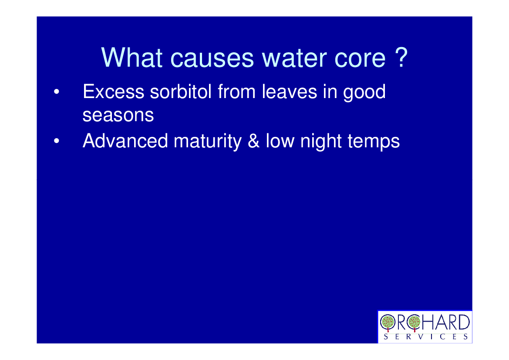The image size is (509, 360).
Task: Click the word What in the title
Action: [132, 58]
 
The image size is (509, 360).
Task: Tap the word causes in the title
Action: [212, 58]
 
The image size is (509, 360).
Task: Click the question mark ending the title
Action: [401, 57]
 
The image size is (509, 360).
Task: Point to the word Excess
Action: [114, 92]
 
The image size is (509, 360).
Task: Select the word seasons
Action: [118, 115]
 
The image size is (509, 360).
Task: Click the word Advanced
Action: [125, 141]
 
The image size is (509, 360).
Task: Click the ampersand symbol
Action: [253, 141]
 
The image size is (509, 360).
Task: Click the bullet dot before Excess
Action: [57, 92]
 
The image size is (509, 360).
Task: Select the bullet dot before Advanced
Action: [57, 141]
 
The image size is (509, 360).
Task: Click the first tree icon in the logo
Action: [388, 323]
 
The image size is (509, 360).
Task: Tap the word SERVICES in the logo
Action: [425, 336]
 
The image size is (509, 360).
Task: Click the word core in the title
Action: [360, 58]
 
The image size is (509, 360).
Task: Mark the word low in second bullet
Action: [280, 141]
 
